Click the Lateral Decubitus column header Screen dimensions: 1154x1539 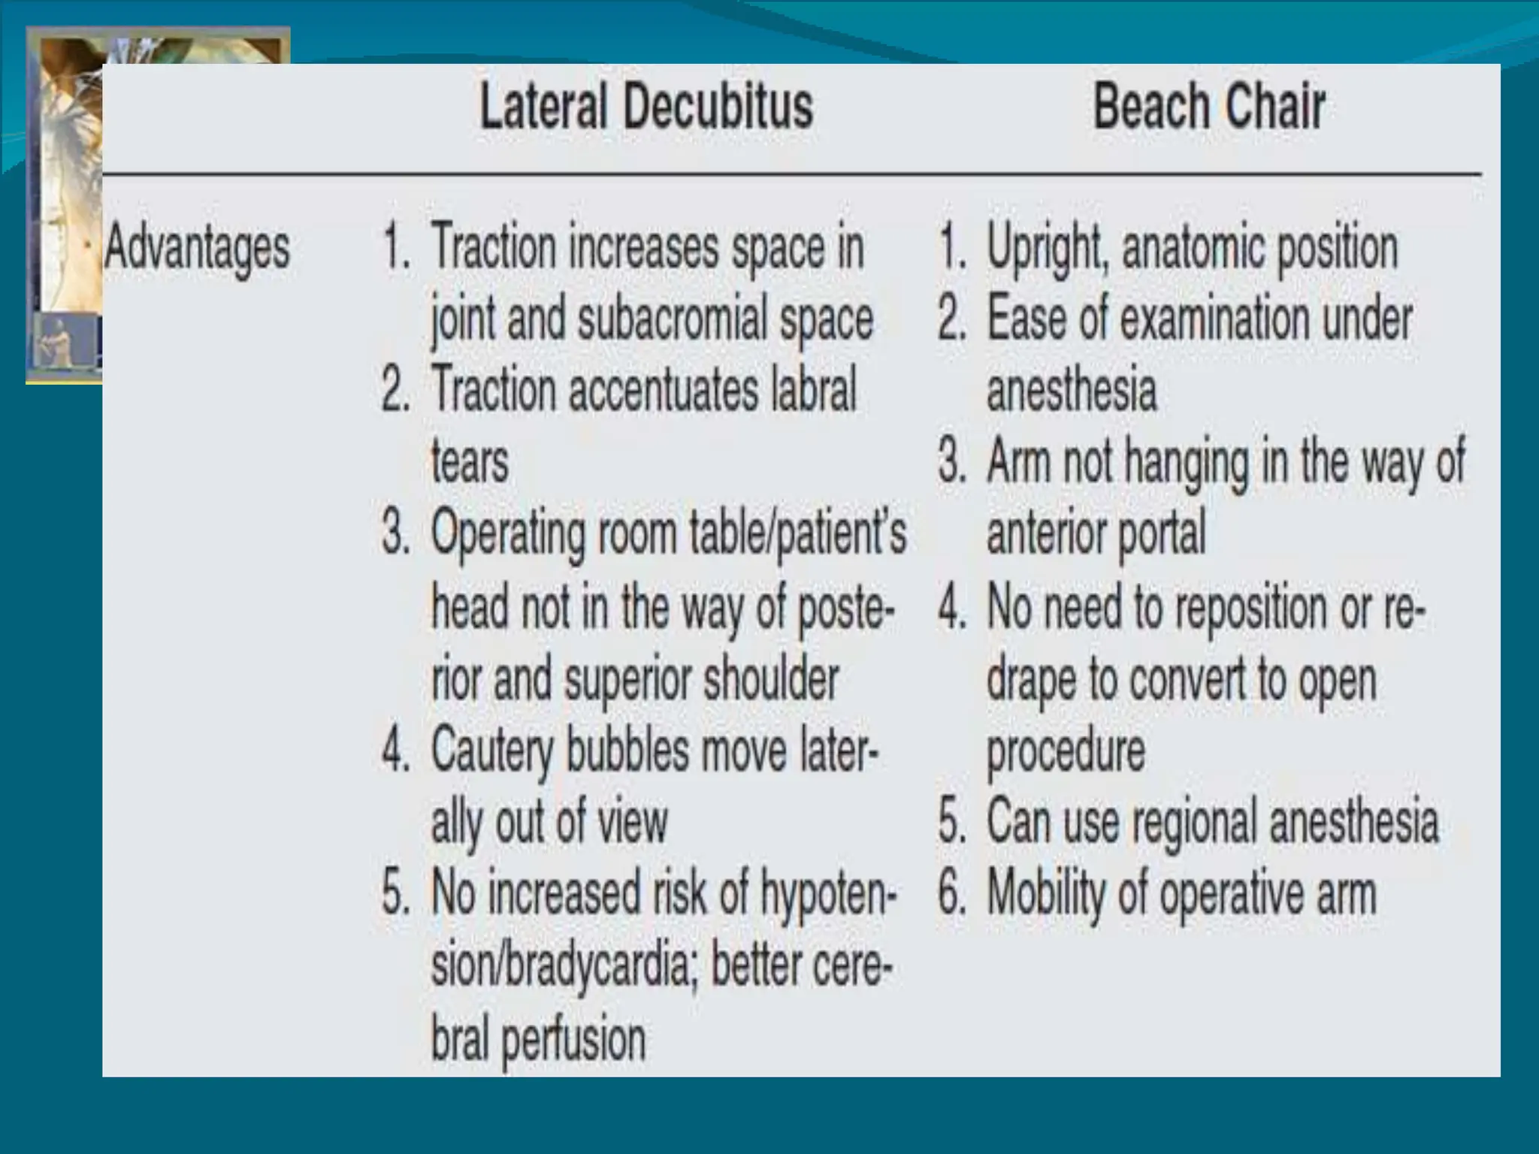point(646,107)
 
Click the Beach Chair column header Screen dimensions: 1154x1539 point(1208,107)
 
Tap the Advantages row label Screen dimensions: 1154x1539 point(197,248)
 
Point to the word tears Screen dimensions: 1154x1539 point(470,461)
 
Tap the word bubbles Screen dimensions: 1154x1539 point(627,750)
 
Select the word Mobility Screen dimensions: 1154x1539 point(1046,894)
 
